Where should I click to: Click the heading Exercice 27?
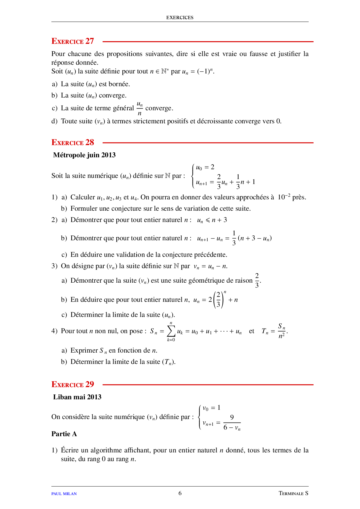click(73, 41)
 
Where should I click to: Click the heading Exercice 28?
click(73, 142)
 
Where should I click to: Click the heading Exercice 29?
click(73, 385)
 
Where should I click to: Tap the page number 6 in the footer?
click(180, 493)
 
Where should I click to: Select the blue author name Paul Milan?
click(64, 494)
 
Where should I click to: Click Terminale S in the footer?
click(293, 493)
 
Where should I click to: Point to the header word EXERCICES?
click(180, 17)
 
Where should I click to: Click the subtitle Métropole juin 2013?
click(84, 155)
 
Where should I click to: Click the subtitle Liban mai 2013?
click(77, 397)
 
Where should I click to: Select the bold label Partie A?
click(64, 434)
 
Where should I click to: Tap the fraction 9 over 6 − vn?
click(232, 423)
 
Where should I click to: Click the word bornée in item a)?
click(118, 84)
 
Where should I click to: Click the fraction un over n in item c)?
click(140, 108)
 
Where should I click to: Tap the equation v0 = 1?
click(211, 408)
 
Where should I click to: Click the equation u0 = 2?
click(205, 167)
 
